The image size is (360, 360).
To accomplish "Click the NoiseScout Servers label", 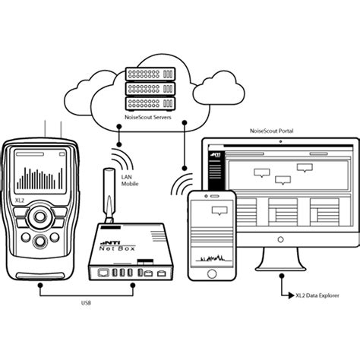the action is click(x=148, y=117).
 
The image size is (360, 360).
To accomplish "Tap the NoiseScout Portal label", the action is click(x=271, y=131).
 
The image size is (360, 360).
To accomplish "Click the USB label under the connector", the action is click(x=86, y=303).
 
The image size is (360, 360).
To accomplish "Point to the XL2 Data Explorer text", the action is click(x=317, y=295).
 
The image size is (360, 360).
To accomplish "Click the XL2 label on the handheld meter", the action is click(x=20, y=201).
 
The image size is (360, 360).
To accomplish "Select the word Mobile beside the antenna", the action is click(x=130, y=184).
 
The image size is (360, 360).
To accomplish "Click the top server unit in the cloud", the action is click(x=150, y=74).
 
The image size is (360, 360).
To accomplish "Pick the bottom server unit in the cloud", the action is click(x=150, y=103).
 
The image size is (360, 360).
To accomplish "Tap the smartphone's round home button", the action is click(x=212, y=273).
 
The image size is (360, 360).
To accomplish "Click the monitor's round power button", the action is click(x=280, y=239).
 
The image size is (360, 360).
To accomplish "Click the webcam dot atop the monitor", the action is click(x=280, y=141).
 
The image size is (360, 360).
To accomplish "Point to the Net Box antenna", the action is click(x=109, y=195).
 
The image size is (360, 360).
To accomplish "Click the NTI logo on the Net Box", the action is click(x=108, y=242).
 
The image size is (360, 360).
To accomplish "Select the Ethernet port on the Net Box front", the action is click(x=103, y=273).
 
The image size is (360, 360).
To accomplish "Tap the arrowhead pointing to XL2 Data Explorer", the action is click(x=292, y=295).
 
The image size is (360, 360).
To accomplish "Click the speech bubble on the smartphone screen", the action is click(x=219, y=211).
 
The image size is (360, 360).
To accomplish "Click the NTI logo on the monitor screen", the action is click(x=216, y=154).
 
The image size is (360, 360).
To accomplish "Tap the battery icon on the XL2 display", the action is click(x=62, y=154).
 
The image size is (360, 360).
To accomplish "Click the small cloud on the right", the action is click(x=219, y=89).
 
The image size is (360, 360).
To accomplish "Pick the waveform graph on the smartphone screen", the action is click(x=212, y=258).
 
